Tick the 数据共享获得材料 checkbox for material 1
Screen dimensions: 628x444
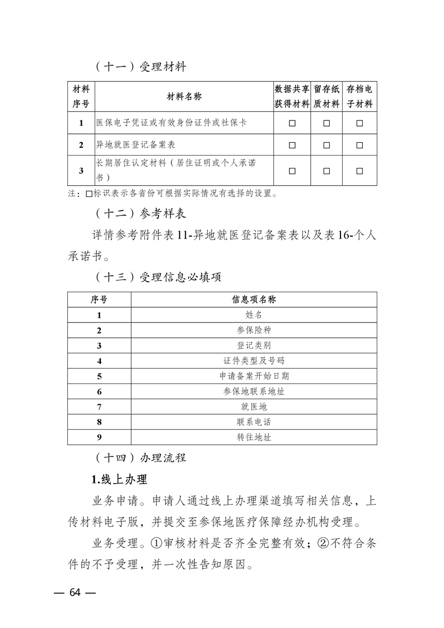pos(292,123)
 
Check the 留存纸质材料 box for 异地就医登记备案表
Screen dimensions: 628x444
pos(326,145)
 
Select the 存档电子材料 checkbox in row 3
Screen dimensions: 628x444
pos(359,171)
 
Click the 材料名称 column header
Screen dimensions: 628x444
pos(184,96)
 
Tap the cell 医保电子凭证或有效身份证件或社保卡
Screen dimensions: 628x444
pos(171,123)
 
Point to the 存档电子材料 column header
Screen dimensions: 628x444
pos(359,96)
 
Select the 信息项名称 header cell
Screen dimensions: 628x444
pos(254,299)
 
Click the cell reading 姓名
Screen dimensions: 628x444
pos(254,315)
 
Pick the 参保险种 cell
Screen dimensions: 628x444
pos(254,330)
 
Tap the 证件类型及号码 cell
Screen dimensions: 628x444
pos(254,361)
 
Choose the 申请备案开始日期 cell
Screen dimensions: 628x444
pos(254,376)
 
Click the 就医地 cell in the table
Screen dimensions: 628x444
pos(254,407)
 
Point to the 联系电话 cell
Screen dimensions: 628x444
pos(254,422)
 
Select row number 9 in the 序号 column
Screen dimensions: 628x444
pos(99,437)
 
